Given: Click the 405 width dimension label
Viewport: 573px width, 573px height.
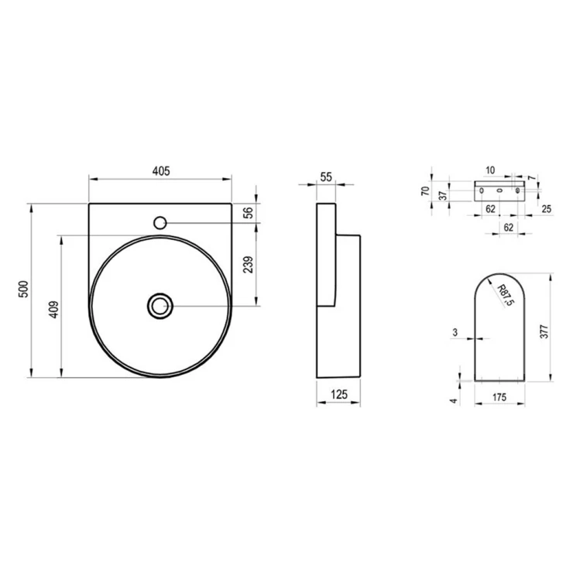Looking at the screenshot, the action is point(161,171).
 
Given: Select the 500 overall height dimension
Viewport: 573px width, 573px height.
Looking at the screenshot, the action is point(23,289).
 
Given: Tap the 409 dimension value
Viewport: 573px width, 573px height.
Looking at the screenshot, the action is point(53,310).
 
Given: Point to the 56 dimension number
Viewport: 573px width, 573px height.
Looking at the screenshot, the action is point(248,213).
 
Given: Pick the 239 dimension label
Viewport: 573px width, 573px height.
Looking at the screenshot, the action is point(248,265).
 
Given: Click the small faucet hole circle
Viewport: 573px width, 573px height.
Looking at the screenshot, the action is point(160,222).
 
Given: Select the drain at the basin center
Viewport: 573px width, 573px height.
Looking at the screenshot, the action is point(160,306).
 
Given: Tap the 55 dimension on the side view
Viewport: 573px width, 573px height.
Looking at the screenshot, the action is point(326,177).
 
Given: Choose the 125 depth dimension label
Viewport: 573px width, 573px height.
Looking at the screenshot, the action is point(338,394).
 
